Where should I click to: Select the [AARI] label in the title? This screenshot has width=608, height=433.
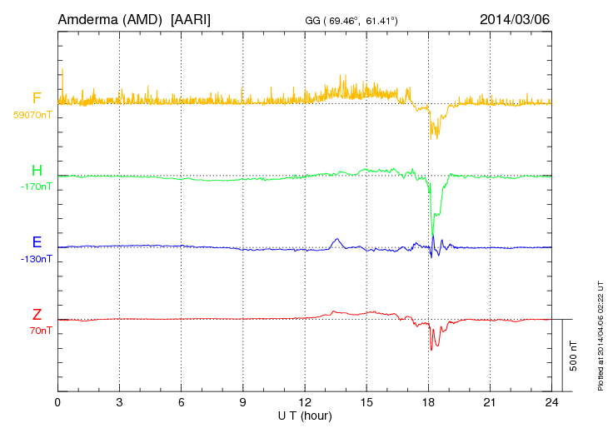[x=190, y=18]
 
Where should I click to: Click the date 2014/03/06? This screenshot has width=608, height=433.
[x=515, y=18]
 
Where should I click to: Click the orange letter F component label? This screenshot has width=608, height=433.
[x=37, y=98]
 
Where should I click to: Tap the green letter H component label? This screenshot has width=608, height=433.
[x=37, y=171]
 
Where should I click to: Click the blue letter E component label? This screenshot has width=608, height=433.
[x=37, y=242]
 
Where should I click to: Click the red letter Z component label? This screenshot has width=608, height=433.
[x=37, y=315]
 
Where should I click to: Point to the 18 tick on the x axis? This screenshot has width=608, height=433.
[x=429, y=401]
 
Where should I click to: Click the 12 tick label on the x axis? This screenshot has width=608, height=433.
[x=305, y=401]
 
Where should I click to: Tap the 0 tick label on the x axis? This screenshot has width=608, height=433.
[x=57, y=401]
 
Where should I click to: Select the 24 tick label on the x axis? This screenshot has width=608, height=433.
[x=551, y=401]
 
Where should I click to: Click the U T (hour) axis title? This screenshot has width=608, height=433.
[x=304, y=415]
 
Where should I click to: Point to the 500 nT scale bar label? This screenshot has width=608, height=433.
[x=573, y=355]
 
